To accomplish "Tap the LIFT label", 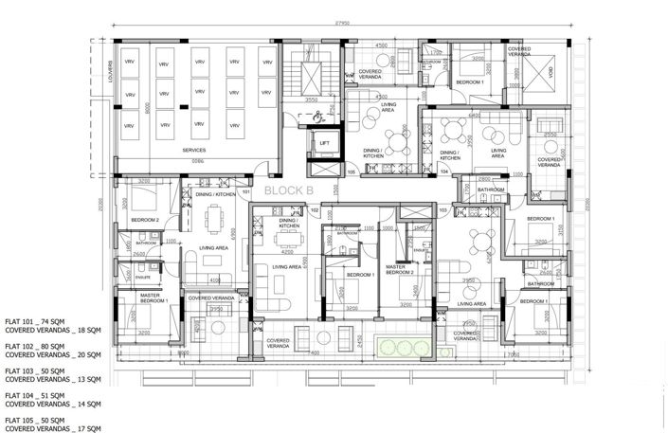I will tap(324, 144).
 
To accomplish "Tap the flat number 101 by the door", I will tap(245, 193).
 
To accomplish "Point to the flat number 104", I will tap(443, 172).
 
